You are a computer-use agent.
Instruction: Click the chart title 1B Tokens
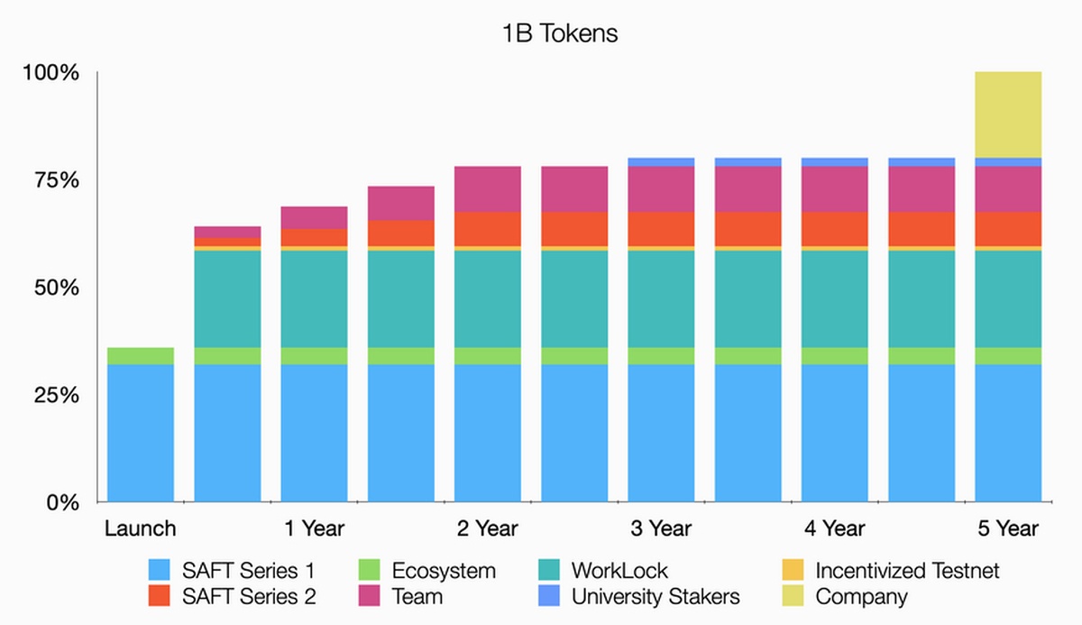click(x=560, y=34)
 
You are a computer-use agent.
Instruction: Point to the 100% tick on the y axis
click(x=51, y=72)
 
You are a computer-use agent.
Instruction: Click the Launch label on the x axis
click(x=140, y=528)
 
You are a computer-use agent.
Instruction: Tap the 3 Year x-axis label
click(x=661, y=528)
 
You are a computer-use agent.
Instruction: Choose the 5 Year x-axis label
click(x=1008, y=528)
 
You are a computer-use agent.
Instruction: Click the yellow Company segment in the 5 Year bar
click(x=1008, y=115)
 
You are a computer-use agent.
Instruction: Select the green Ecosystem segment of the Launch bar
click(x=140, y=355)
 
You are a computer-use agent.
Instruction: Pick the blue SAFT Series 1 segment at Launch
click(x=140, y=433)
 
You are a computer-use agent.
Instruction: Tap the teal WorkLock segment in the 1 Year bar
click(x=314, y=299)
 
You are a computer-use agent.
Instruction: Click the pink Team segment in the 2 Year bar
click(x=488, y=188)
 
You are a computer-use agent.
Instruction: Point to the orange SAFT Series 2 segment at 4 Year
click(x=835, y=228)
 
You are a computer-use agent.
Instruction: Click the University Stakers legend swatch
click(x=550, y=596)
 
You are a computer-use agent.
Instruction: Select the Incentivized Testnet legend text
click(x=906, y=571)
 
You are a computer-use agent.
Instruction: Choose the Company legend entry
click(x=861, y=596)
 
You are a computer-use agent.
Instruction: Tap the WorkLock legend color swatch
click(x=550, y=571)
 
